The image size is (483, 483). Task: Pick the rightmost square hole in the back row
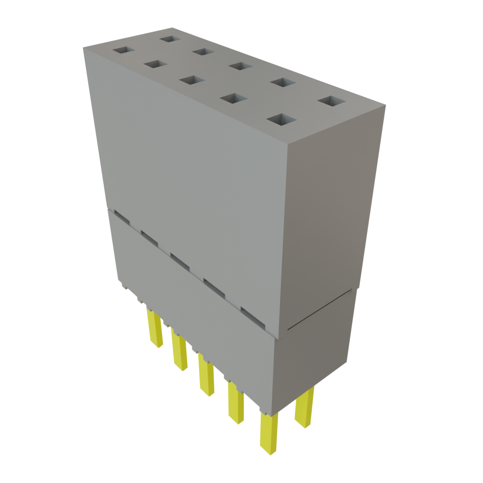coord(331,101)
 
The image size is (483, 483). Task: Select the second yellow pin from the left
coord(179,351)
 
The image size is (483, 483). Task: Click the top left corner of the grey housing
coord(83,47)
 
